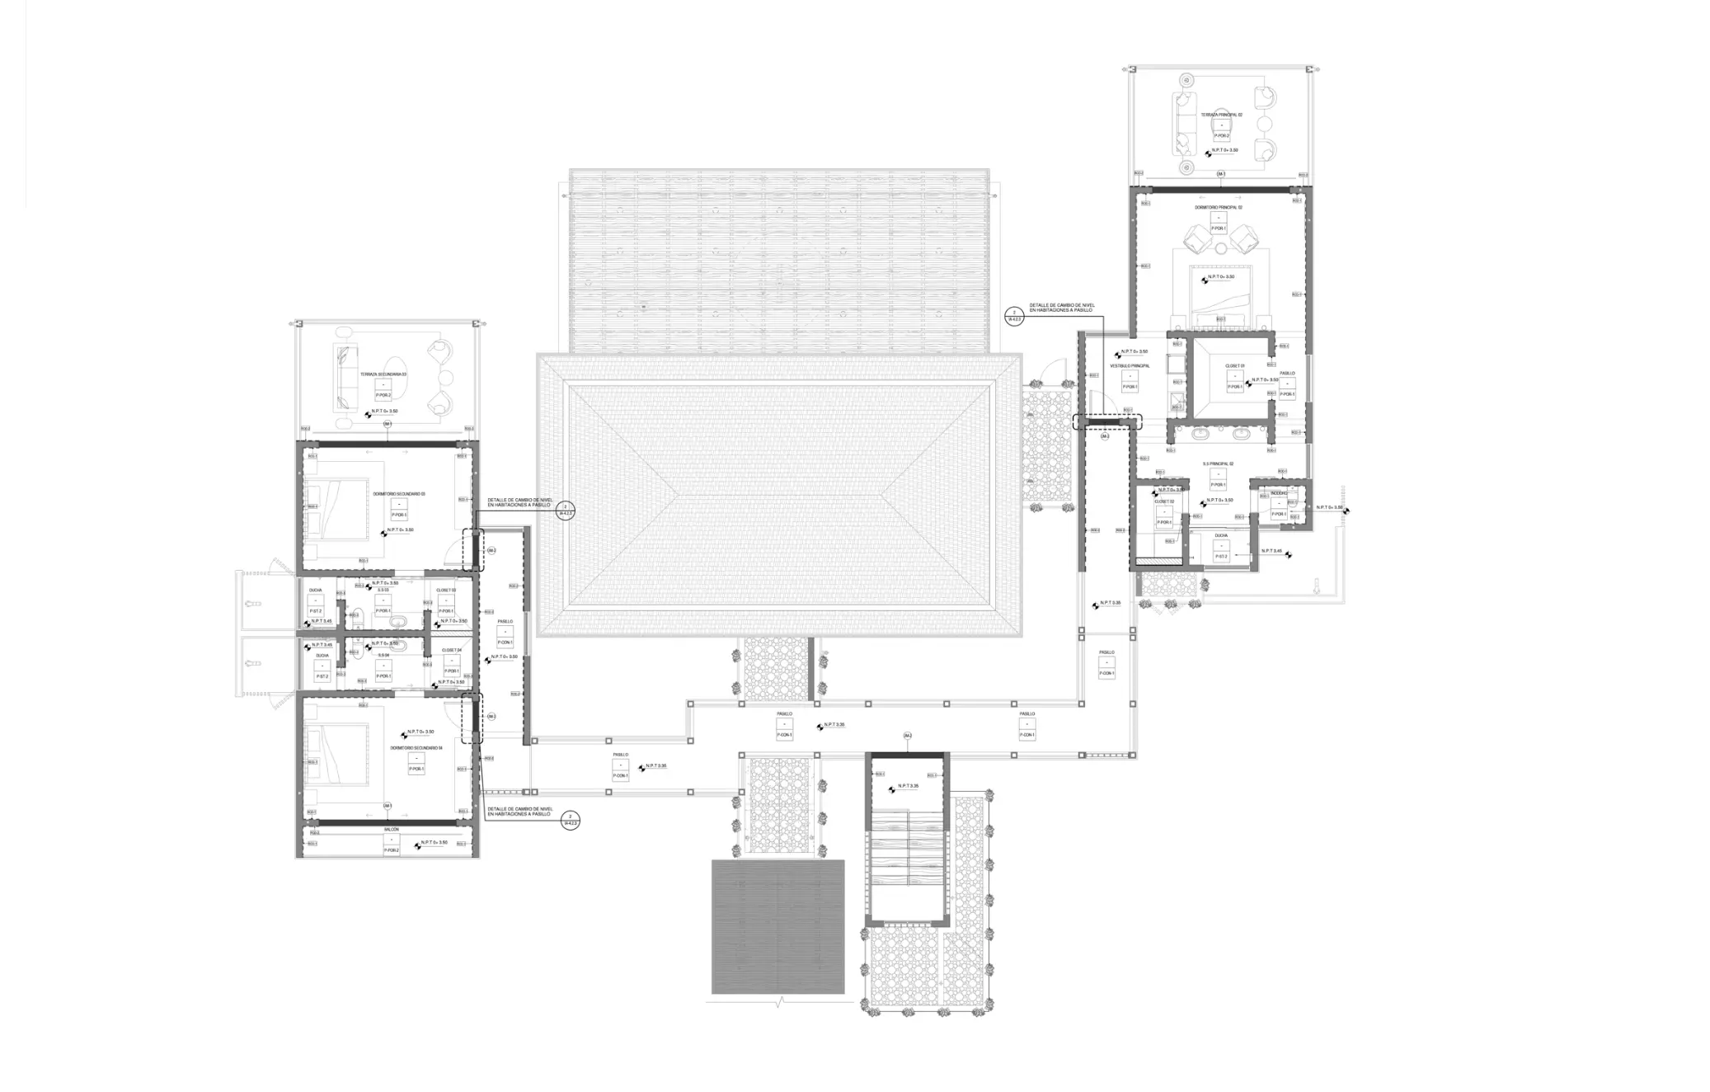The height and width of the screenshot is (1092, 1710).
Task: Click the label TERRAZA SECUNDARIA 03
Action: [383, 374]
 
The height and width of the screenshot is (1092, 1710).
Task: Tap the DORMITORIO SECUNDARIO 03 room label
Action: [398, 494]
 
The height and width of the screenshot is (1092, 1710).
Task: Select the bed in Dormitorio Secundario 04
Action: [336, 754]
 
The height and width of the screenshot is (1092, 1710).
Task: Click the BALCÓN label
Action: [391, 829]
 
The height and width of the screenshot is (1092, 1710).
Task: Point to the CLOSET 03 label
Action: [445, 591]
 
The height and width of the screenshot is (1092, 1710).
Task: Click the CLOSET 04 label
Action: [451, 650]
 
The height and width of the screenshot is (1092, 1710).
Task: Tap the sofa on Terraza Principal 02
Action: [1184, 124]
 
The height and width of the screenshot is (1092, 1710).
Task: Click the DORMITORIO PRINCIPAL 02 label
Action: [1218, 208]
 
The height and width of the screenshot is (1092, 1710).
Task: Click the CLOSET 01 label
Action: [1234, 365]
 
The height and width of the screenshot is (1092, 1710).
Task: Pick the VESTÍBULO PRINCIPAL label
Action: [1130, 365]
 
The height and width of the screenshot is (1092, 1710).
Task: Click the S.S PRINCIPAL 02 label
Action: [1217, 464]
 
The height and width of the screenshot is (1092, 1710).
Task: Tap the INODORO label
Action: [1278, 493]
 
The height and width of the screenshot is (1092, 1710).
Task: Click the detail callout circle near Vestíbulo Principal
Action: [1014, 317]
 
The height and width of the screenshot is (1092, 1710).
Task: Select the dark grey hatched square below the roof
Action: [777, 926]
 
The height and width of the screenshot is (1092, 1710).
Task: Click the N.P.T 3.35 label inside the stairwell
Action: [908, 786]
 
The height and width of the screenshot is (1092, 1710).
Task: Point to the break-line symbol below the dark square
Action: [779, 1003]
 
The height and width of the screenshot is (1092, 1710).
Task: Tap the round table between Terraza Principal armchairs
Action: [1264, 125]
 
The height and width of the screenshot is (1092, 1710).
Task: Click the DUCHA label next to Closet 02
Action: [1220, 535]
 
